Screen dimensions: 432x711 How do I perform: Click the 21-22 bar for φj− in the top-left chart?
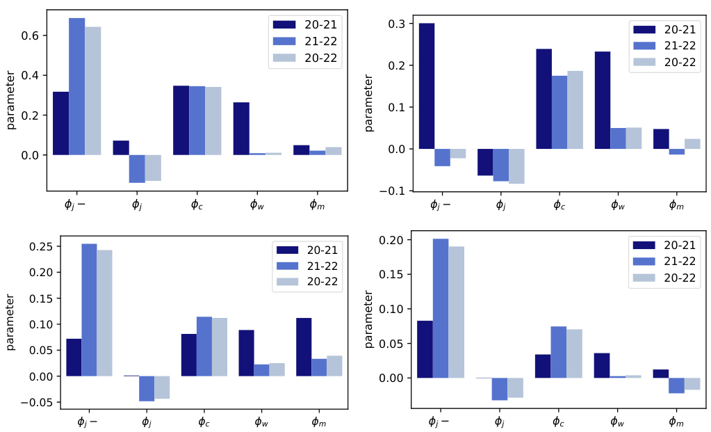click(76, 86)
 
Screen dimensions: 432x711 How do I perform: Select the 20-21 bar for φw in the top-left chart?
click(241, 129)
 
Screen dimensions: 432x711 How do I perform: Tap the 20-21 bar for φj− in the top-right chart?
click(426, 86)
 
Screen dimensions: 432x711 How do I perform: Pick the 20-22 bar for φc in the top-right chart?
click(575, 110)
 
